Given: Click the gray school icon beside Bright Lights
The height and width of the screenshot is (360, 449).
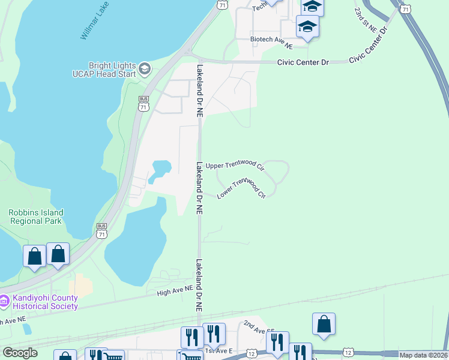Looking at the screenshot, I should click(145, 69).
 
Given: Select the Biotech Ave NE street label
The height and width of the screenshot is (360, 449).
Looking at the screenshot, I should click(271, 41).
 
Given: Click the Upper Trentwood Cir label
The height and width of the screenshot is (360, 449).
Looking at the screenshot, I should click(235, 165).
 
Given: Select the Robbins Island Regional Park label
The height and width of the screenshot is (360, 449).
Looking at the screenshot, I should click(36, 217).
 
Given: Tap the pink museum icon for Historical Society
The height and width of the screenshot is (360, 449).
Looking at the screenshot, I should click(4, 300).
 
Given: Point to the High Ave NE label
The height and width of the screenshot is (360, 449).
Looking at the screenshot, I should click(175, 290).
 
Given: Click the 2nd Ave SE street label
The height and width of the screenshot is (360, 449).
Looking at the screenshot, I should click(259, 327).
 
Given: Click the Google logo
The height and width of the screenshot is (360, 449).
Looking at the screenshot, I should click(20, 353).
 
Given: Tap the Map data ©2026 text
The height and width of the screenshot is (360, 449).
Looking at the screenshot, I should click(423, 355).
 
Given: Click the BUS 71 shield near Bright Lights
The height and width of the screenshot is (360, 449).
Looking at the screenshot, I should click(143, 104).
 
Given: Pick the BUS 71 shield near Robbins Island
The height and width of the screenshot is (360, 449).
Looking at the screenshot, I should click(101, 230).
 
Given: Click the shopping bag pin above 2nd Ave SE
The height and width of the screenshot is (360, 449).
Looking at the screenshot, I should click(324, 324).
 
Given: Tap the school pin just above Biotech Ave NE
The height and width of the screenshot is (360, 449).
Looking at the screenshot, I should click(307, 28).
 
